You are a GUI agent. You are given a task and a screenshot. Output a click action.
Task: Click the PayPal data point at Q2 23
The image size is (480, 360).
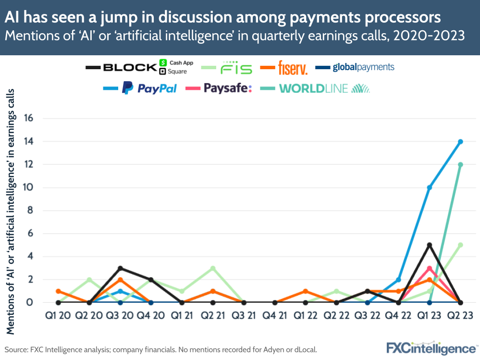[x=460, y=141]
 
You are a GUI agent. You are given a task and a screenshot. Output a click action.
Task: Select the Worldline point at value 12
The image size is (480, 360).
[x=460, y=164]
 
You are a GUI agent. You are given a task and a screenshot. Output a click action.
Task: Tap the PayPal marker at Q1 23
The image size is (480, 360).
[x=430, y=187]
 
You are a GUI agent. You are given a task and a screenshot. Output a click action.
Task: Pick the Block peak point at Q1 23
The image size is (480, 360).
[x=430, y=245]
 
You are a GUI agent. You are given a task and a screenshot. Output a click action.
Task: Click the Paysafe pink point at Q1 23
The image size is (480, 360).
[x=430, y=268]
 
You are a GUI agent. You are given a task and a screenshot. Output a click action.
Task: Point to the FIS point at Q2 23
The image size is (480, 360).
[x=460, y=245]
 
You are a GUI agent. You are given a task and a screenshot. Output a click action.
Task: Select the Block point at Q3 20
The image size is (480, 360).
[x=120, y=268]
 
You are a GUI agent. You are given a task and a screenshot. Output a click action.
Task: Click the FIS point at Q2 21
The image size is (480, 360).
[x=213, y=268]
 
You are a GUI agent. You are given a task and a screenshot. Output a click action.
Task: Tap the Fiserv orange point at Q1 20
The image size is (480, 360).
[x=58, y=291]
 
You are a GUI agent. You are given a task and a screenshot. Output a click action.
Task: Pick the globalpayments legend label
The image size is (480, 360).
[x=363, y=67]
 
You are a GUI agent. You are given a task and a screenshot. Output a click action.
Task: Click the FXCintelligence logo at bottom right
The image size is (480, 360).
[x=430, y=348]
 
